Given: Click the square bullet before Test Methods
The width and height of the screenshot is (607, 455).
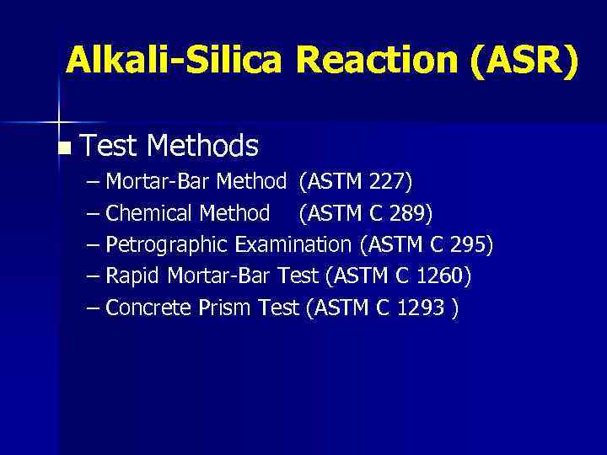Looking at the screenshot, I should click(x=67, y=149).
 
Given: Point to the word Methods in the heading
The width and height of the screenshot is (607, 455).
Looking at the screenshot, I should click(x=201, y=147).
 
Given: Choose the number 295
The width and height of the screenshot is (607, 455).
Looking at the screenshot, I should click(x=469, y=245).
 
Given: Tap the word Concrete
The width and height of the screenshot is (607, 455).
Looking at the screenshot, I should click(x=149, y=308).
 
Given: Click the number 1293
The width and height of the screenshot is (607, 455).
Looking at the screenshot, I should click(x=422, y=308).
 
